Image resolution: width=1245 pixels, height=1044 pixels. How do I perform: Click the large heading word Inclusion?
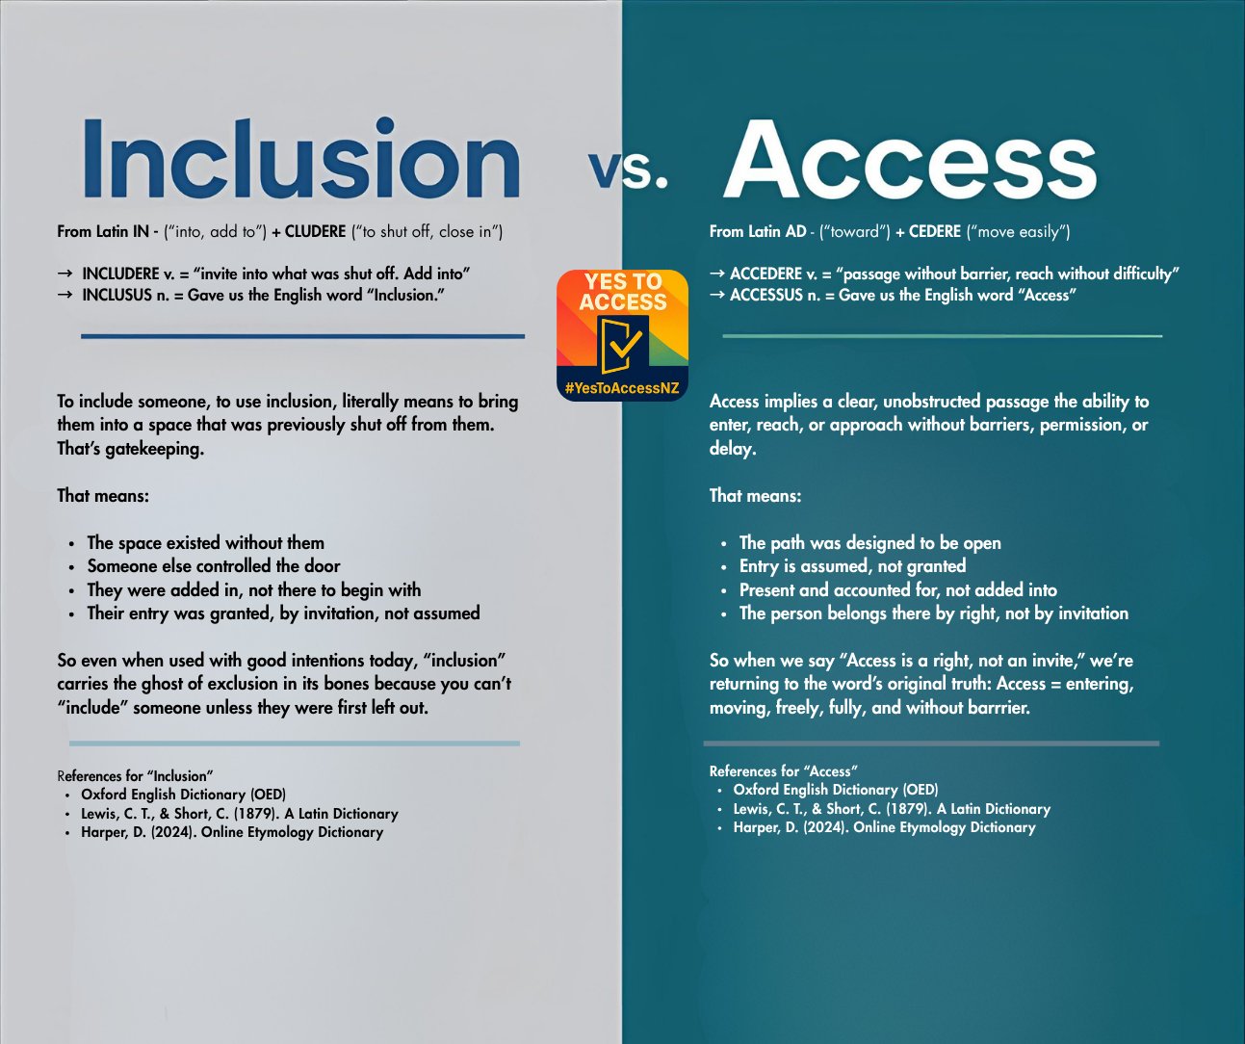300,160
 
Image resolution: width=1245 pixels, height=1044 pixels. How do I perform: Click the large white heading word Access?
910,162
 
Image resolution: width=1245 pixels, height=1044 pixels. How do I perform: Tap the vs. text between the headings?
628,170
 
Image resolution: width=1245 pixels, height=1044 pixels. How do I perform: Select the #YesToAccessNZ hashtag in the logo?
622,388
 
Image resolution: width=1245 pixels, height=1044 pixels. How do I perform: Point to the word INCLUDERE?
121,274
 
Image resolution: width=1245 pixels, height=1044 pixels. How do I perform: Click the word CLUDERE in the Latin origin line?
315,231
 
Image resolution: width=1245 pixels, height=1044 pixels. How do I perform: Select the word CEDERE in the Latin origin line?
935,231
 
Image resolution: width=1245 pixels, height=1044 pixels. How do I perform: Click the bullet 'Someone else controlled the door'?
213,566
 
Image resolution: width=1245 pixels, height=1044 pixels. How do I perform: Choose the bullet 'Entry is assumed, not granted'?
852,566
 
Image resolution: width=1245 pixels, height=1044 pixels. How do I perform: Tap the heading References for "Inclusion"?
135,776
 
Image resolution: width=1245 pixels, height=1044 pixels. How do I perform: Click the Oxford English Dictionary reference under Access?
835,790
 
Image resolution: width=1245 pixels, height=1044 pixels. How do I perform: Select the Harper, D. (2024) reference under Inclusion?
231,832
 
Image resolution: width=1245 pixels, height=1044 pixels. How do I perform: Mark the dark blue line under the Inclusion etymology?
302,336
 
